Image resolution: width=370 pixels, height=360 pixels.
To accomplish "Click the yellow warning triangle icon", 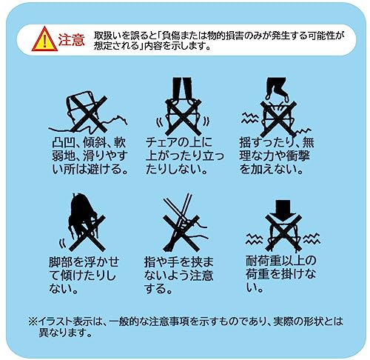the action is (x=44, y=39).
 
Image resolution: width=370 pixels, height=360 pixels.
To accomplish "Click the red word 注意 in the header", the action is (x=72, y=40).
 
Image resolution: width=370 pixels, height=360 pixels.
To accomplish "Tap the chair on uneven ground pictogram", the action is (x=88, y=113).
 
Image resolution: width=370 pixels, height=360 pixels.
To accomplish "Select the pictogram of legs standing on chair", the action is (x=183, y=107).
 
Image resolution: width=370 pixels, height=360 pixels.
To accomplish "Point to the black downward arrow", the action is (x=283, y=209).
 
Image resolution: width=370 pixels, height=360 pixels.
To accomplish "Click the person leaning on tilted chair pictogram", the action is (x=83, y=221).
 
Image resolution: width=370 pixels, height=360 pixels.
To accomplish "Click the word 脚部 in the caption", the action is (x=61, y=262).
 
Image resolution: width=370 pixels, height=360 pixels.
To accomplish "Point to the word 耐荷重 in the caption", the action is (x=263, y=261).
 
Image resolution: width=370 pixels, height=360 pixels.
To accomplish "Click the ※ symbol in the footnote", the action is (x=33, y=321).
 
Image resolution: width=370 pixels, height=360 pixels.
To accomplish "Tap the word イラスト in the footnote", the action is (x=53, y=321).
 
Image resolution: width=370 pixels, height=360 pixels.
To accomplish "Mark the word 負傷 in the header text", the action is (x=172, y=36).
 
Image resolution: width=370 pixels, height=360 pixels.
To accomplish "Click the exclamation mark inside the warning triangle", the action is (x=44, y=41).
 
